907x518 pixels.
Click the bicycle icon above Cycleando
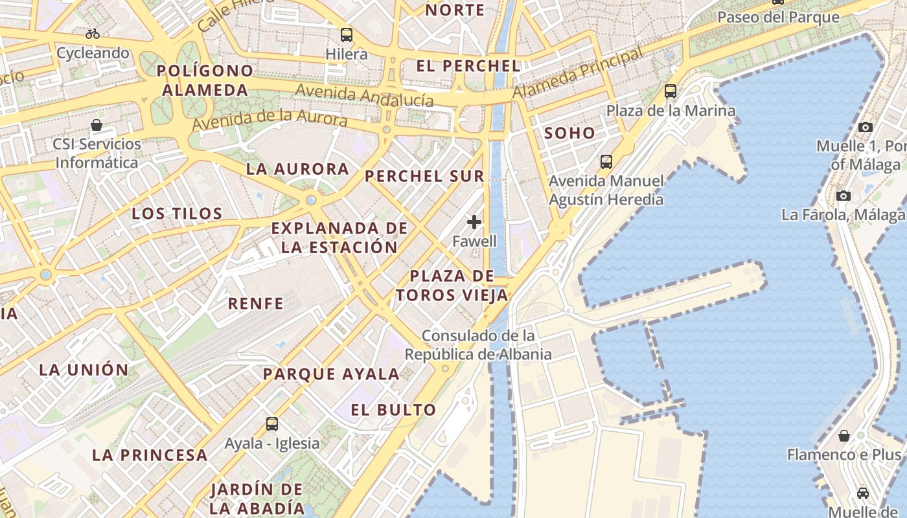tap(93, 33)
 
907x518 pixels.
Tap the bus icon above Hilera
tap(347, 34)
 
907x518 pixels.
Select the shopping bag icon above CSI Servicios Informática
tap(97, 124)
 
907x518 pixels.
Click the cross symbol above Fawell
tap(474, 222)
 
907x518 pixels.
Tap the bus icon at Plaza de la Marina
tap(671, 91)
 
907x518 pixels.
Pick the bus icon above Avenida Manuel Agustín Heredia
tap(606, 161)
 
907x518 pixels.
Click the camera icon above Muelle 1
tap(865, 127)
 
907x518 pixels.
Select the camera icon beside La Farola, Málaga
tap(843, 196)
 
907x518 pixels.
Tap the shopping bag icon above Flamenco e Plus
tap(844, 436)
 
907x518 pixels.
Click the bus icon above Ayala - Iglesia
tap(272, 424)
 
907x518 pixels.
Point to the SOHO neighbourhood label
tap(569, 133)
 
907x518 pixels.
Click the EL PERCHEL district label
tap(468, 66)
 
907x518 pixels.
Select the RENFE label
tap(256, 303)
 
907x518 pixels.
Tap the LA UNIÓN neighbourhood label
tap(84, 370)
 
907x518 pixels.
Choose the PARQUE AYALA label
tap(331, 374)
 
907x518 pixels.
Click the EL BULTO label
tap(393, 410)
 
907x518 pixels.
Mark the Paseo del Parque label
tap(778, 17)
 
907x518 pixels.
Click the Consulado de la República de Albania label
tap(478, 345)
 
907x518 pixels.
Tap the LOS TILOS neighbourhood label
tap(177, 213)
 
